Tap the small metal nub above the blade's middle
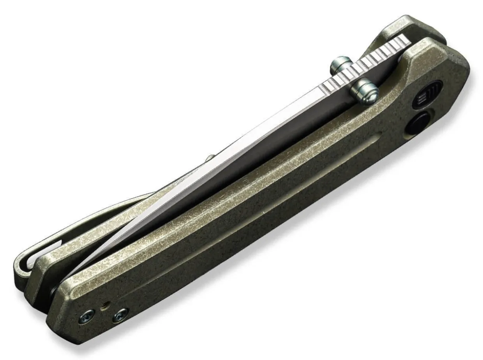click(x=210, y=157)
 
